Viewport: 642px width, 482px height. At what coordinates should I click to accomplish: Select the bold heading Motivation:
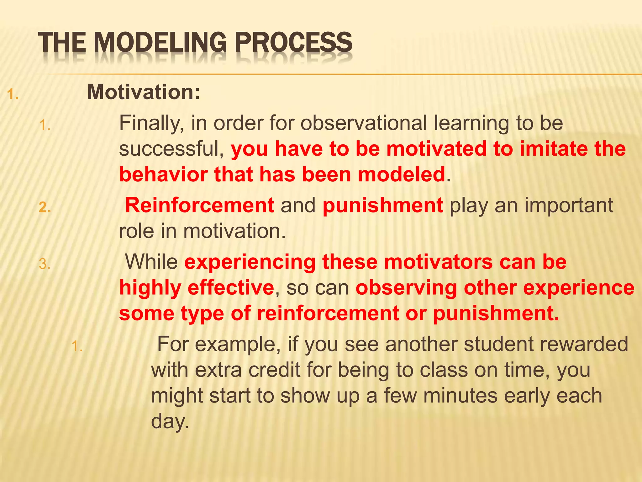point(144,92)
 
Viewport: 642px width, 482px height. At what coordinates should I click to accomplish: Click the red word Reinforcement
point(200,205)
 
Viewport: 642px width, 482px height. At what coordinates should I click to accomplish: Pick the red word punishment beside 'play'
point(383,205)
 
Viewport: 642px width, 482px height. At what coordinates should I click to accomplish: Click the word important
point(569,205)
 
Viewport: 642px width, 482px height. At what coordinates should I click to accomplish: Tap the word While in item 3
point(151,262)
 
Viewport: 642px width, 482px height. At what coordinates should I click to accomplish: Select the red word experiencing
point(250,262)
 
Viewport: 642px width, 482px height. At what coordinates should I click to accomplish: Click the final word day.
point(170,421)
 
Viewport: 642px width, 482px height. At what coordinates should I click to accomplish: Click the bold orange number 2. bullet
point(45,208)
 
